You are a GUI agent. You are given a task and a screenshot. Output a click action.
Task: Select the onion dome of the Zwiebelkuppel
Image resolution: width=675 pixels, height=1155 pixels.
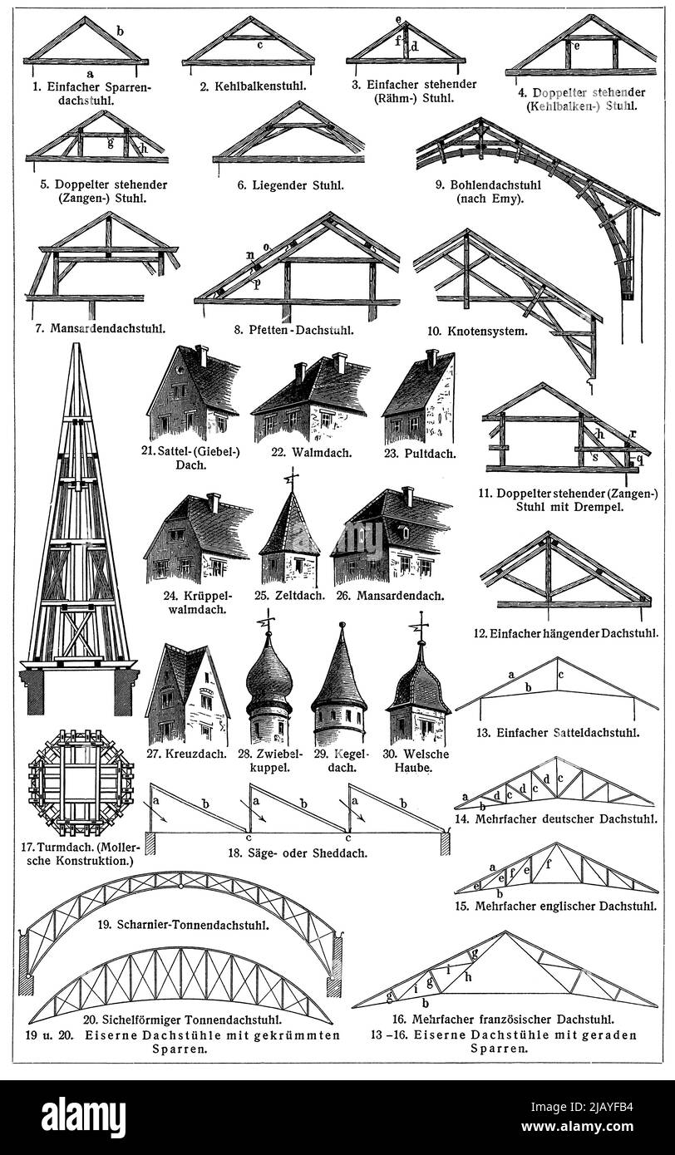(x=269, y=676)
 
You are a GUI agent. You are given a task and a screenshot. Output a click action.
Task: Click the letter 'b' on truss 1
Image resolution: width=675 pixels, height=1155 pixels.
(x=120, y=31)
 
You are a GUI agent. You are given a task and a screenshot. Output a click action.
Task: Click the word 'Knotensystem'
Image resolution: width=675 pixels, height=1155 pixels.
(x=503, y=331)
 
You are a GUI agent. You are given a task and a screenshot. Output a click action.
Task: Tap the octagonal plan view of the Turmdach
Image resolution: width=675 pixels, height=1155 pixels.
(x=80, y=783)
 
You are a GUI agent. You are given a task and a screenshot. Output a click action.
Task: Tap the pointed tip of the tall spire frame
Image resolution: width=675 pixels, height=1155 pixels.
(x=77, y=347)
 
